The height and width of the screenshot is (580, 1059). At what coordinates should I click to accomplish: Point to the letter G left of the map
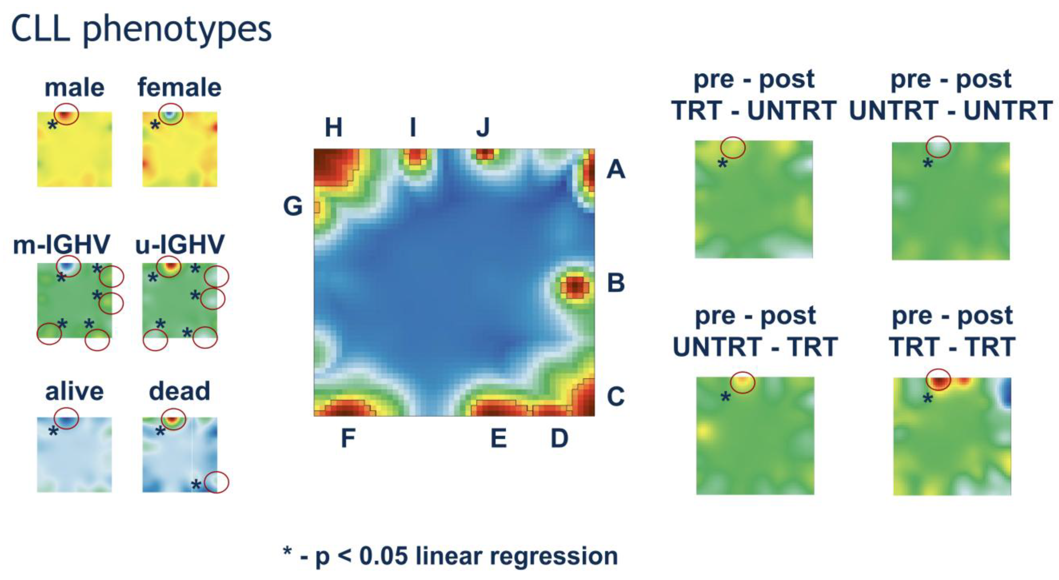tap(293, 206)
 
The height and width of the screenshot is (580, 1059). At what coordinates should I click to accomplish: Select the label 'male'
tap(74, 88)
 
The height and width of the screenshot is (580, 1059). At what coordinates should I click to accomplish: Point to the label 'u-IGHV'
tap(180, 244)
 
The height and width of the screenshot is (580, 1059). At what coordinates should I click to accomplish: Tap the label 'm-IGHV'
tap(62, 244)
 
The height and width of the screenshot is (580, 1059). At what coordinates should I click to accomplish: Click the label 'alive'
tap(74, 391)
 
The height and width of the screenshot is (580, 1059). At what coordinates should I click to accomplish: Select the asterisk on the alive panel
tap(53, 431)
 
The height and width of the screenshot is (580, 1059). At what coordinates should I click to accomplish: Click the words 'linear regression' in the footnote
tap(517, 556)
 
